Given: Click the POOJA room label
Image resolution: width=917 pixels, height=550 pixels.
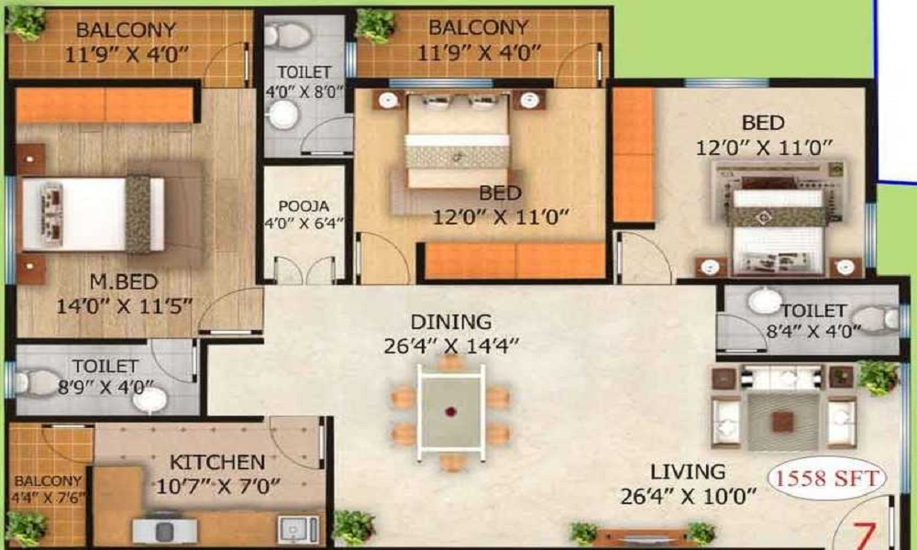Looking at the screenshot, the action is pos(304,205).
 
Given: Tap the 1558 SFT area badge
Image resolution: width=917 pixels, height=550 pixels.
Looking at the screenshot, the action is pos(827,478).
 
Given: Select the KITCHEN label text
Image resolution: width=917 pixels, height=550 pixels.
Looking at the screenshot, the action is pos(217,462).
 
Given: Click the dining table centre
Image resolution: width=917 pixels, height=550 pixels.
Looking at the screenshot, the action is pos(450,412).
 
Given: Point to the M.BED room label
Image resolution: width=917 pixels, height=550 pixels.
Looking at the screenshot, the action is pos(124,281).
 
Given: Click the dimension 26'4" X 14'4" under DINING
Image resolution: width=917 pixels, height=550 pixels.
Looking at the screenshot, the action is pos(451,346).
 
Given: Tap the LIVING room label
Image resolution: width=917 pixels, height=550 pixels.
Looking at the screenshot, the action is pos(689,471).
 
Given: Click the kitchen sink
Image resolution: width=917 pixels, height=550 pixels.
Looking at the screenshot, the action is pos(298,529).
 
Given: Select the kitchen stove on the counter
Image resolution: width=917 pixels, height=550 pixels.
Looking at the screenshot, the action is pos(164,530).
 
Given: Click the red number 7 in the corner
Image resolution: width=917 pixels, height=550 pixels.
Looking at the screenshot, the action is pos(863,535).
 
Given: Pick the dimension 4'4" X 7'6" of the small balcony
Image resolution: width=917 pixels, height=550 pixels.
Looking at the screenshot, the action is pos(48,498).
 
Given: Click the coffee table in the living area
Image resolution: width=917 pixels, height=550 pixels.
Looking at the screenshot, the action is pos(782,421).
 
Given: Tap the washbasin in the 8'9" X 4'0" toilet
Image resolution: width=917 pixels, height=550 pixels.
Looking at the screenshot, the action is pos(149,401).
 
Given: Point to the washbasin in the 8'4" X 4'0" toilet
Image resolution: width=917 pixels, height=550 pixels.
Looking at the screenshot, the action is pos(765,301).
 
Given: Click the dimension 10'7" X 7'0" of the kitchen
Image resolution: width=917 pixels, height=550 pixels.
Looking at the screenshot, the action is pos(217,486).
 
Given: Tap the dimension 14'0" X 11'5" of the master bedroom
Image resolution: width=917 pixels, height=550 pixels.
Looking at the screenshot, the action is pos(124,305).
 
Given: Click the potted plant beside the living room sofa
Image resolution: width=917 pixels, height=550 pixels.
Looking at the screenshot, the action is pos(878,377).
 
